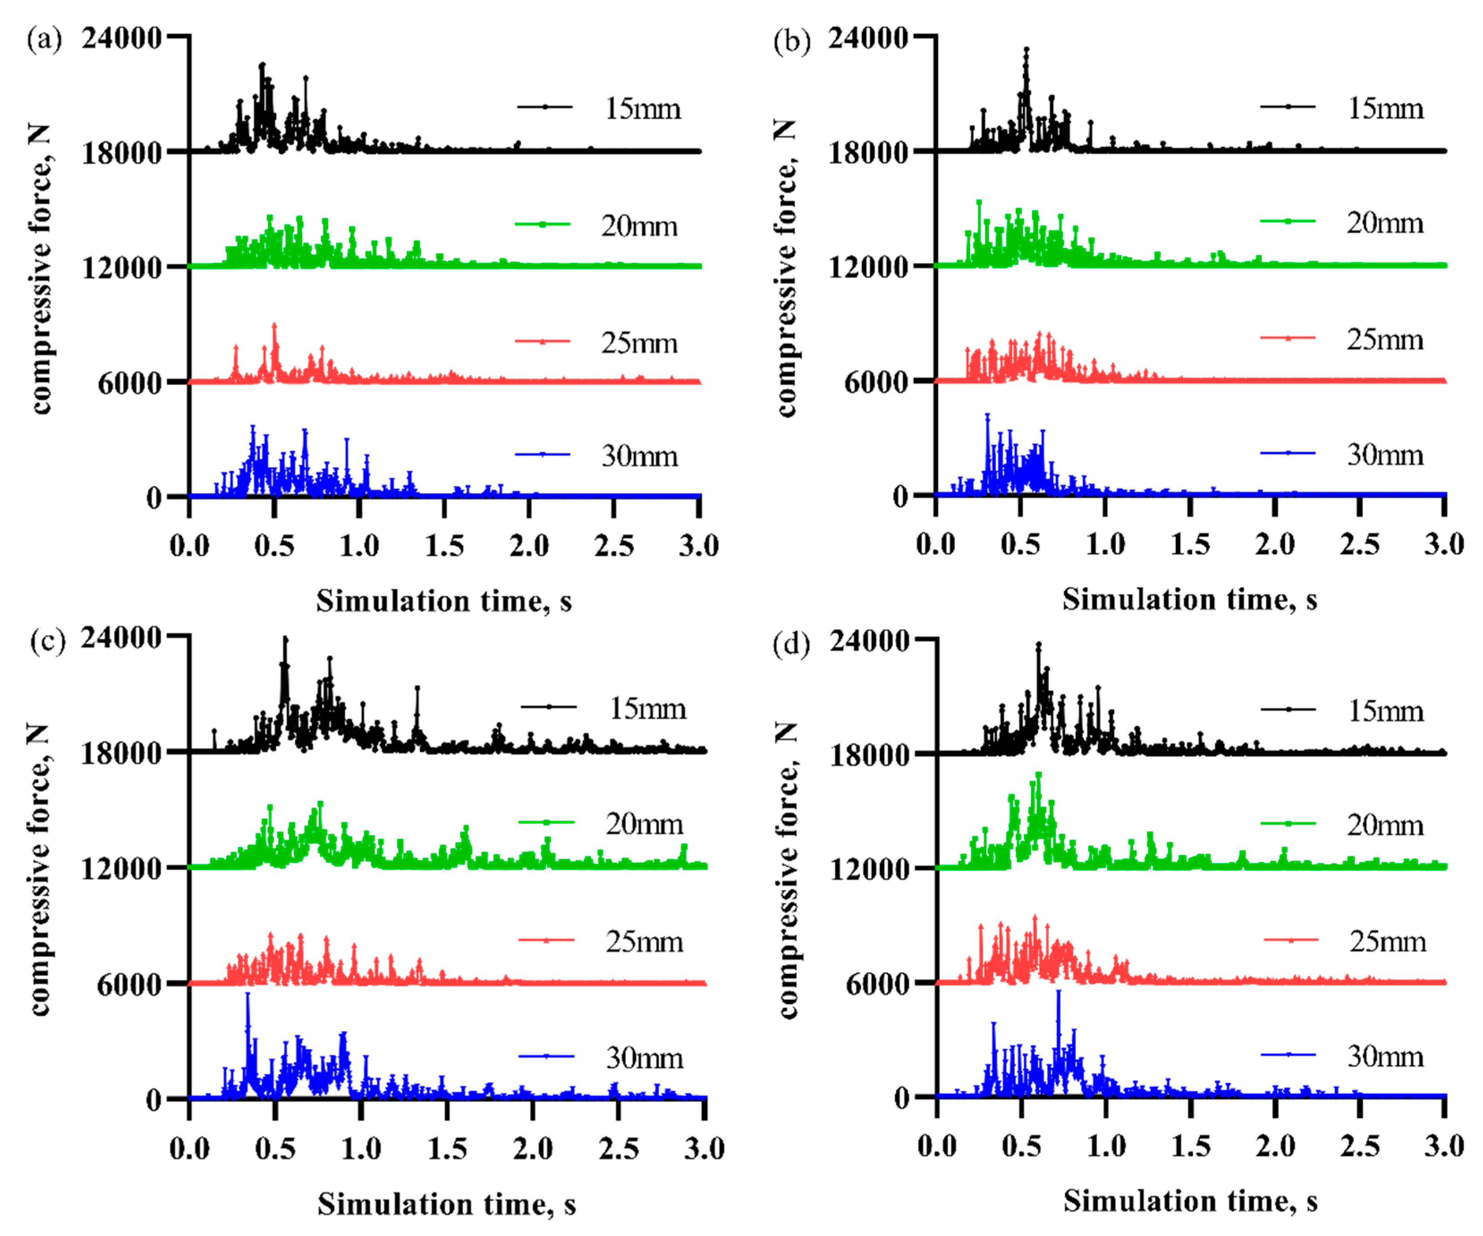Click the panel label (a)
pos(44,39)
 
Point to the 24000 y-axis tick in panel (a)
pos(122,37)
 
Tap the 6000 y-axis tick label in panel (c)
pos(129,984)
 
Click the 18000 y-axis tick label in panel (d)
pos(869,753)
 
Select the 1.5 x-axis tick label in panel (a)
pos(444,546)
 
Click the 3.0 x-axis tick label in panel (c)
pos(704,1148)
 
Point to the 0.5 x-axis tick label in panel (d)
pos(1021,1146)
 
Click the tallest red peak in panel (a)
pos(274,326)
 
